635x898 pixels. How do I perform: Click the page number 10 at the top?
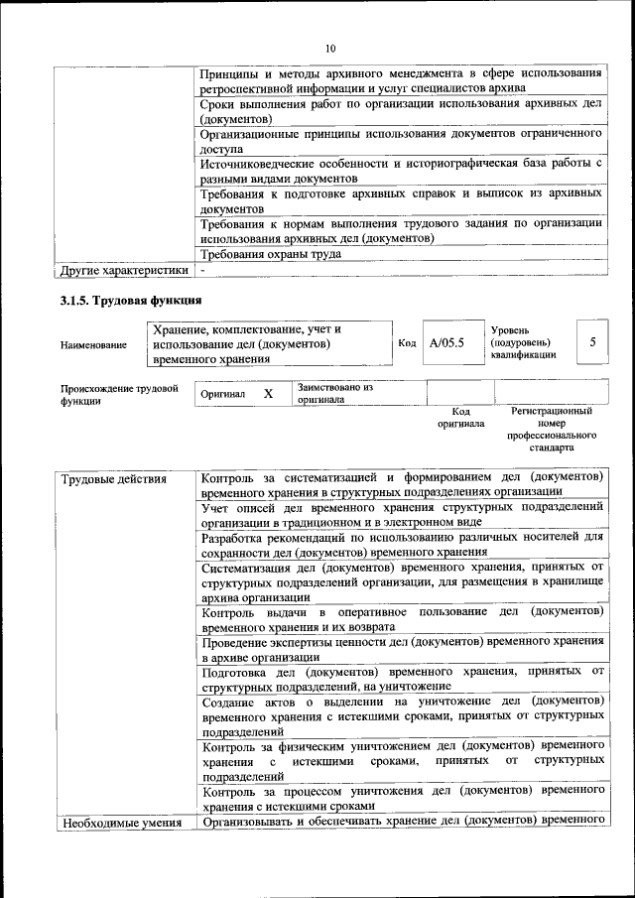click(330, 48)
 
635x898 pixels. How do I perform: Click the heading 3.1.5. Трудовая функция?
click(131, 300)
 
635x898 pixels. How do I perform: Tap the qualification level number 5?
click(591, 342)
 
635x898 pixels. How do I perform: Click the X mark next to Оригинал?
click(268, 394)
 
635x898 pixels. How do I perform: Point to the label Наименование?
click(93, 344)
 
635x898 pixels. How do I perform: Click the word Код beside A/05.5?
click(406, 343)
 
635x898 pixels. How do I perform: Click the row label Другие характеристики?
click(124, 270)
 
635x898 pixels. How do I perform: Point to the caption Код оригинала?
click(460, 417)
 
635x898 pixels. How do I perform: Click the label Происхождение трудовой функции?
click(118, 395)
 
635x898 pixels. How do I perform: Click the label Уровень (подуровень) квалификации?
click(523, 342)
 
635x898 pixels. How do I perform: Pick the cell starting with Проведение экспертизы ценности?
click(402, 649)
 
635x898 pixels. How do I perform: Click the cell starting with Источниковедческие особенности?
click(402, 170)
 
